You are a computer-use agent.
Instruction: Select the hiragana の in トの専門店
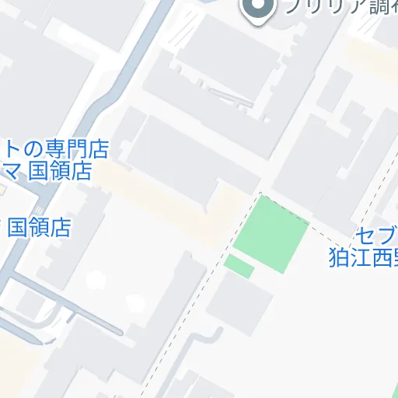32,148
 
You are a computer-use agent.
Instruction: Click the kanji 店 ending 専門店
98,148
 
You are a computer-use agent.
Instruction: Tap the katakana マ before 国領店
12,171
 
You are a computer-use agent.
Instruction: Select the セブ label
376,236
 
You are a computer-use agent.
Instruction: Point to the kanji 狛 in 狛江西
339,257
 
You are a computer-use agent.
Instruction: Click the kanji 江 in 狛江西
361,257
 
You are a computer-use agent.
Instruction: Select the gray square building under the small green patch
239,300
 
